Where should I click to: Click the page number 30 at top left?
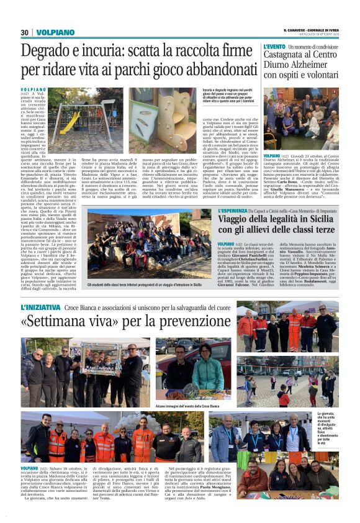pyautogui.click(x=25, y=32)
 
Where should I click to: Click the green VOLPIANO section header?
pyautogui.click(x=55, y=32)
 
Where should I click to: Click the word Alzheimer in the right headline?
pyautogui.click(x=322, y=65)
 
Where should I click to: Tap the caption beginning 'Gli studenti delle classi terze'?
pyautogui.click(x=144, y=284)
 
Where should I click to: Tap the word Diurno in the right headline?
pyautogui.click(x=281, y=65)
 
